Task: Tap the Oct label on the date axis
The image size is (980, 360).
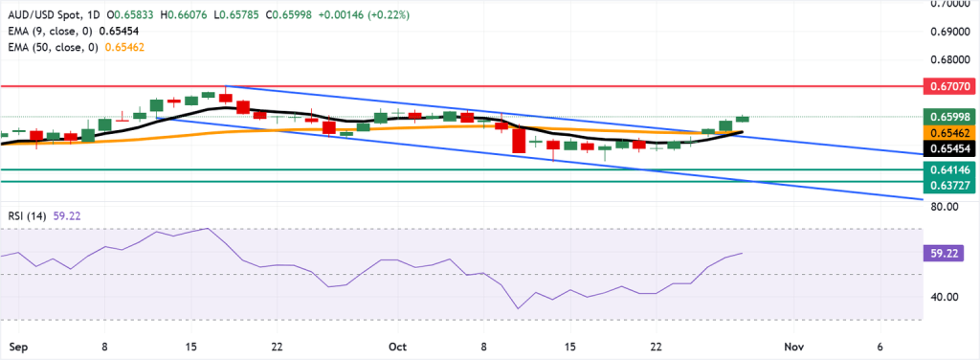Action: tap(398, 345)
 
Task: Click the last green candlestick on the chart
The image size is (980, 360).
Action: tap(742, 119)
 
